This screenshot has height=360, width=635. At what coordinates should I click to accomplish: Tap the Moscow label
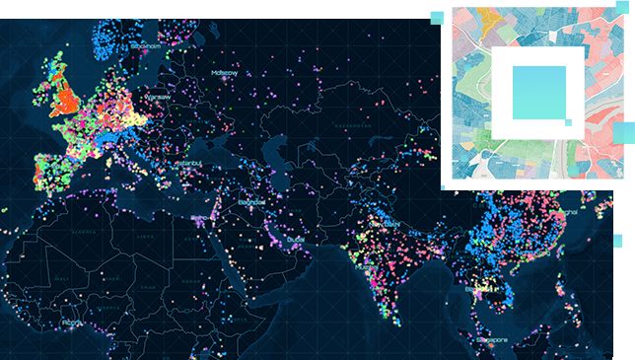(224, 72)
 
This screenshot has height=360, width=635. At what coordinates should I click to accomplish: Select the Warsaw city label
(158, 97)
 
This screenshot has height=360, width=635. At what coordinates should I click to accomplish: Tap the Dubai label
(295, 240)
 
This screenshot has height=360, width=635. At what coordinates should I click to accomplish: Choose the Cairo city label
(200, 217)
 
